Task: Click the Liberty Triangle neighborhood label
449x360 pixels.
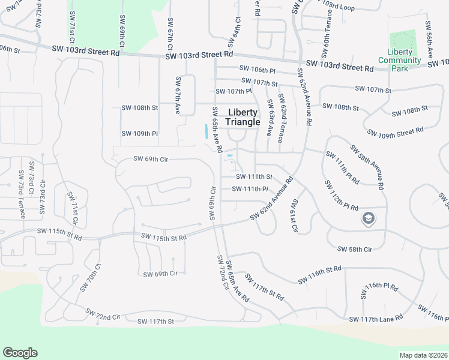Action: tap(243, 117)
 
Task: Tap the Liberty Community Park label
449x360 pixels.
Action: tap(399, 60)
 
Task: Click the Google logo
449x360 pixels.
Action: tap(20, 353)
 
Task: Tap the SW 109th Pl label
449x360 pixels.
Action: tap(139, 133)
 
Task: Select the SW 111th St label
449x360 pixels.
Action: tap(254, 177)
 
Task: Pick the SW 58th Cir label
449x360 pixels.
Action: tap(355, 248)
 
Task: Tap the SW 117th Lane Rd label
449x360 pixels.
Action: tap(376, 319)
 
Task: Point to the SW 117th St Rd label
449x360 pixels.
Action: tap(264, 287)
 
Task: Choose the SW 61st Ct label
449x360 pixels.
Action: tap(294, 215)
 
